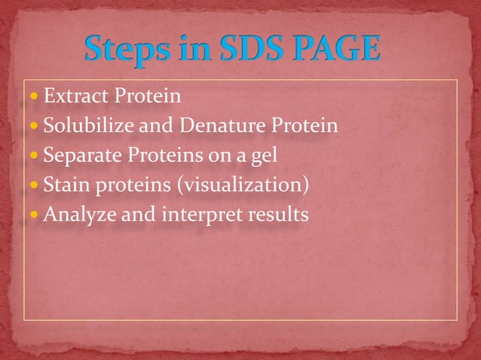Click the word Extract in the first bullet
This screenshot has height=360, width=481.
pos(72,96)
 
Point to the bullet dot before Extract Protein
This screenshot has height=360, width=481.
pos(36,97)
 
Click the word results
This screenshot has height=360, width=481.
pos(274,215)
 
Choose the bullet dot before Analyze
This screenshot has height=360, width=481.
pos(36,215)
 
